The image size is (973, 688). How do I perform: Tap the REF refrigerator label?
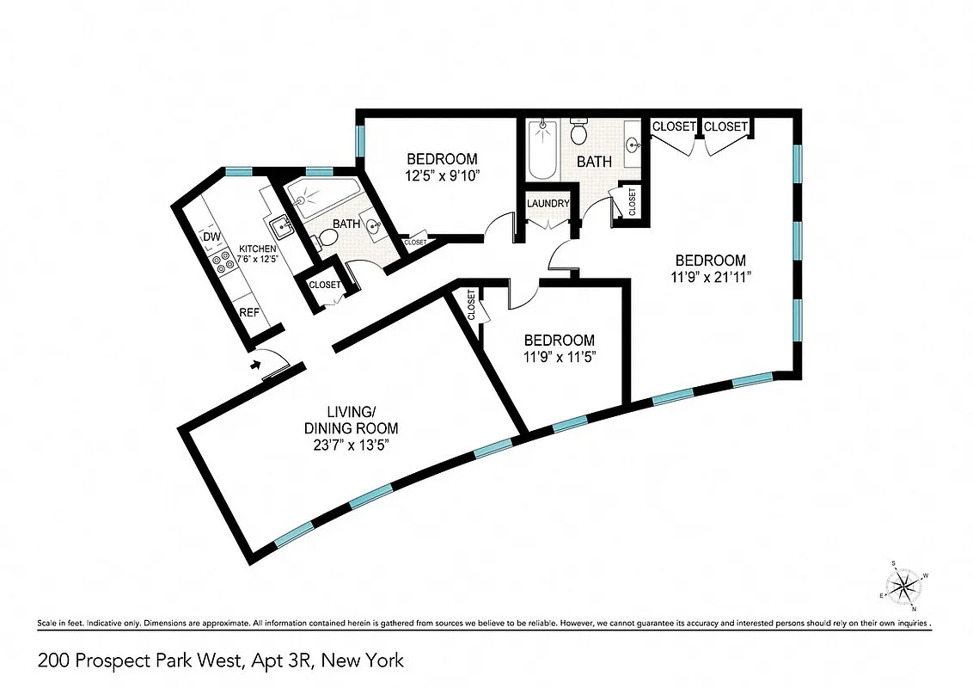pyautogui.click(x=249, y=312)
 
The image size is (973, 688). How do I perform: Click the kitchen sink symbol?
pyautogui.click(x=280, y=227)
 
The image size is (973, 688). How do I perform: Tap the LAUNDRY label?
pyautogui.click(x=549, y=204)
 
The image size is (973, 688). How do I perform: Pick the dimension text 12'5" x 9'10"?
pyautogui.click(x=441, y=176)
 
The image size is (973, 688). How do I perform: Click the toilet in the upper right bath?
pyautogui.click(x=578, y=132)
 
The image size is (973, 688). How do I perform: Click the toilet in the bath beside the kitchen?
pyautogui.click(x=315, y=243)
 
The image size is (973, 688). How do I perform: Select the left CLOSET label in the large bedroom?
pyautogui.click(x=674, y=126)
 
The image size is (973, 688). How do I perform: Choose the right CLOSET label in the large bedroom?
pyautogui.click(x=726, y=126)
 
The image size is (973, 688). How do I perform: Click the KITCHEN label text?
pyautogui.click(x=258, y=249)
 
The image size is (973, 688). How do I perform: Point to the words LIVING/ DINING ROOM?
pyautogui.click(x=351, y=419)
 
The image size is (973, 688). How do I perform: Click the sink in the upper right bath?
pyautogui.click(x=633, y=144)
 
